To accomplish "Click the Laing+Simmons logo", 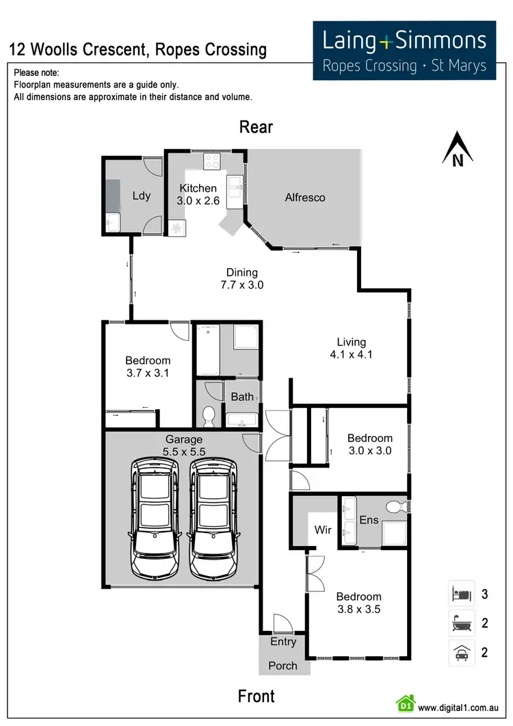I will point(404,50).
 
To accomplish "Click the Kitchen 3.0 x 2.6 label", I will point(198,195).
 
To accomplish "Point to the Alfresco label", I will point(304,198).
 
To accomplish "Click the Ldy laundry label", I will point(141,196).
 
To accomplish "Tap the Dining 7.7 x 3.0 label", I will point(241,279).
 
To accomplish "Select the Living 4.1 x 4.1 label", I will point(351,348).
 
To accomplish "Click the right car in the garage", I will point(213,517).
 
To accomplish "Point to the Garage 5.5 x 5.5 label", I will point(183,445).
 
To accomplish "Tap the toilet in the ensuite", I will point(393,507).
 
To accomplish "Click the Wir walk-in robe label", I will point(323,530).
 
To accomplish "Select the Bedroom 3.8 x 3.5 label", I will point(358,603).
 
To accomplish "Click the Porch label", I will point(283,666).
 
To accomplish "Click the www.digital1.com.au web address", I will point(460,708).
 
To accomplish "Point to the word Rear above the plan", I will point(256,127).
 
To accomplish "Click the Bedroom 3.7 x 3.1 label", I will point(148,367).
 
